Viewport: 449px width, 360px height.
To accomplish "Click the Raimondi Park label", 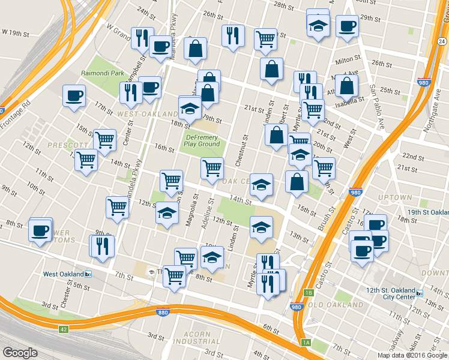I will tap(103, 73).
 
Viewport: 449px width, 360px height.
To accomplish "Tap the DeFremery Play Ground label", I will tap(201, 140).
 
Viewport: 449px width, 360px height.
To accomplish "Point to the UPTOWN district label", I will tap(395, 197).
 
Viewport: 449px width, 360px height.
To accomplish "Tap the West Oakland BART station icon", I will tap(88, 274).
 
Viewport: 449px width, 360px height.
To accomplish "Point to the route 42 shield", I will tap(64, 329).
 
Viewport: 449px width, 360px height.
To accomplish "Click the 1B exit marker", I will tap(309, 293).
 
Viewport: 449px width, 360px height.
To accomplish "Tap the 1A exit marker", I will tap(306, 342).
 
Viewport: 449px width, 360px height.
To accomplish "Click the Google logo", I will tap(20, 353).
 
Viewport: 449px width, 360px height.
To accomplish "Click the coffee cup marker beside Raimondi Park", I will tap(74, 96).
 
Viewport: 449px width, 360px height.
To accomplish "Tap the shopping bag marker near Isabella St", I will tap(346, 86).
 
